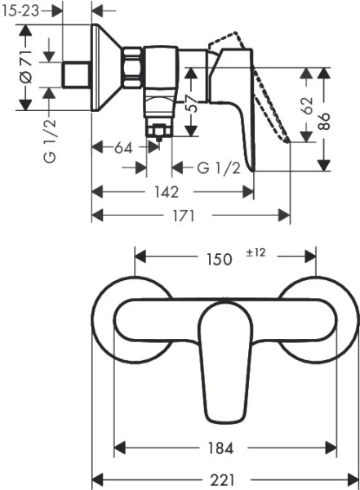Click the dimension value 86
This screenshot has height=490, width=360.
coord(324,120)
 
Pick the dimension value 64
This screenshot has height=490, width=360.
coord(123,148)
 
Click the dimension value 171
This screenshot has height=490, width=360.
coord(183,216)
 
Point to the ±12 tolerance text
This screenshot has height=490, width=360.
coord(256,253)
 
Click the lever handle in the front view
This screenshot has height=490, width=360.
coord(224,359)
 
